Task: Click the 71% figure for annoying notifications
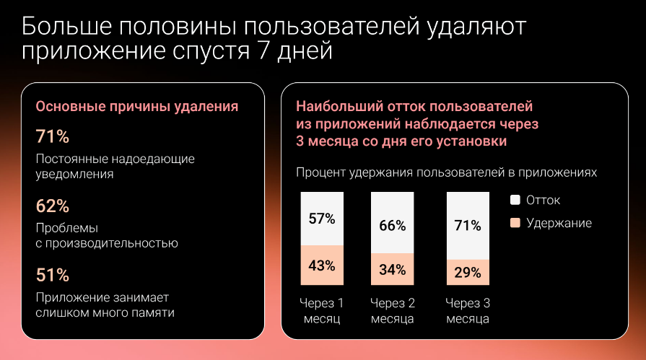pos(52,137)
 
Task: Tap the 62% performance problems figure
pos(52,206)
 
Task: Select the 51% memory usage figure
pos(52,275)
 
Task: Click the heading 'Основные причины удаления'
pos(137,107)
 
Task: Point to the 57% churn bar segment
pos(321,219)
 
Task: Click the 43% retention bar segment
pos(321,265)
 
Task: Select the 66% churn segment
pos(392,224)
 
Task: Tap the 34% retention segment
pos(392,270)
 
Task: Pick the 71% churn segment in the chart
pos(468,226)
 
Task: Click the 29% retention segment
pos(468,273)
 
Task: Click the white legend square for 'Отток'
pos(515,200)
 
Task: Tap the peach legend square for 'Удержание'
pos(515,223)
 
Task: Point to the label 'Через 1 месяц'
pos(321,310)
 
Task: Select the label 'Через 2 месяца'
pos(392,310)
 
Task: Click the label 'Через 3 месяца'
pos(468,310)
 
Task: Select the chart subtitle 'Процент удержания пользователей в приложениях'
pos(446,173)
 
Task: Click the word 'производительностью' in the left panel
pos(112,243)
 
